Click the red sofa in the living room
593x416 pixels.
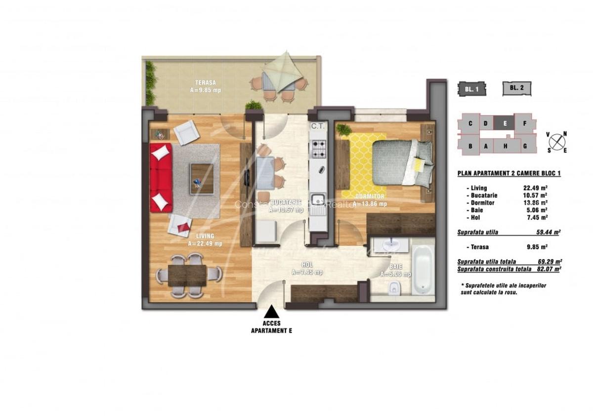click(161, 178)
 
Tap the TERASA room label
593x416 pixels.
click(205, 82)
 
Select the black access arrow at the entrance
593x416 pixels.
click(271, 312)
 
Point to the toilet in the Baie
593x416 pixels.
click(393, 288)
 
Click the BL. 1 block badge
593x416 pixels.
click(471, 89)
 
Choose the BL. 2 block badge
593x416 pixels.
click(517, 89)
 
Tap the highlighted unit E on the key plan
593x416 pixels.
click(505, 123)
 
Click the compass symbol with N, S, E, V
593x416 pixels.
click(557, 142)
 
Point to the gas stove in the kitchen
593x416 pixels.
click(318, 147)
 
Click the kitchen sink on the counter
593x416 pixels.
click(318, 200)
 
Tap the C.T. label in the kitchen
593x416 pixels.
click(317, 127)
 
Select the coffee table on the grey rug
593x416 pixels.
click(202, 178)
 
